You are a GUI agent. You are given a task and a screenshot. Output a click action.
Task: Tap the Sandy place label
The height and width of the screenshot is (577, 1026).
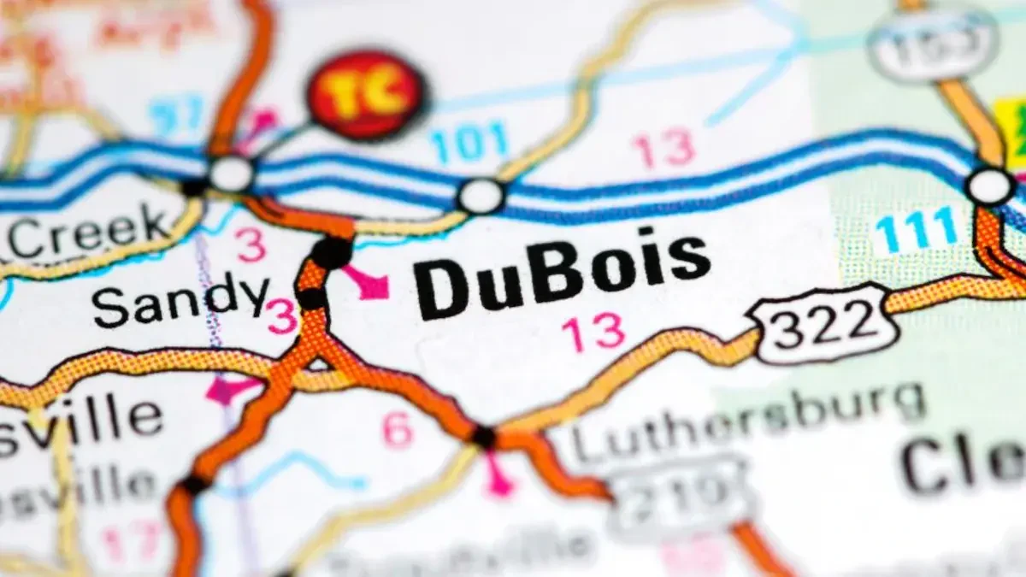coord(180,301)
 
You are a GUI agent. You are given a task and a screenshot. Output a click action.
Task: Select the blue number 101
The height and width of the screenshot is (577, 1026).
coord(469,143)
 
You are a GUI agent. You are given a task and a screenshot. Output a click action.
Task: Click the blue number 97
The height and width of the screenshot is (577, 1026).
coord(176,115)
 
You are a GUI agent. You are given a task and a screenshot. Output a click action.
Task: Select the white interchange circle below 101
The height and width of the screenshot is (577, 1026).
coord(481,196)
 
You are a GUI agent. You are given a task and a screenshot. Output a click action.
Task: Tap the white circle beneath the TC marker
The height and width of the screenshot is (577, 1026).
coord(231,174)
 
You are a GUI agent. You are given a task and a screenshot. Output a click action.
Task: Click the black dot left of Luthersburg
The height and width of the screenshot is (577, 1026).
coord(484,436)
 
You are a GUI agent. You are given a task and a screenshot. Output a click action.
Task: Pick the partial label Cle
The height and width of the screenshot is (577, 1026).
coord(962,466)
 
